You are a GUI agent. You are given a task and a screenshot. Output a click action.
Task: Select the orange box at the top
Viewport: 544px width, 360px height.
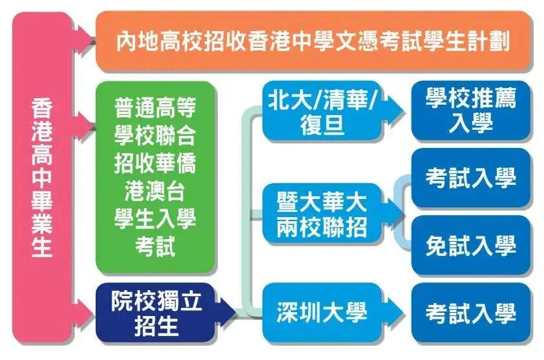[314, 42]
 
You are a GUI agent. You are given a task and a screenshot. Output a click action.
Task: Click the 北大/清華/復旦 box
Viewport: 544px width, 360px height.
[322, 111]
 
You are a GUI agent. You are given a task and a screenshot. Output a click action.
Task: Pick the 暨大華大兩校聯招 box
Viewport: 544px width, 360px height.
[322, 214]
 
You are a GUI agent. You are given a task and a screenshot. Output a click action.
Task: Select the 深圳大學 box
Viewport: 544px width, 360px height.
[322, 313]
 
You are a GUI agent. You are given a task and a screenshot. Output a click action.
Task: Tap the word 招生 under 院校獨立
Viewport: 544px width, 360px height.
[156, 326]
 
